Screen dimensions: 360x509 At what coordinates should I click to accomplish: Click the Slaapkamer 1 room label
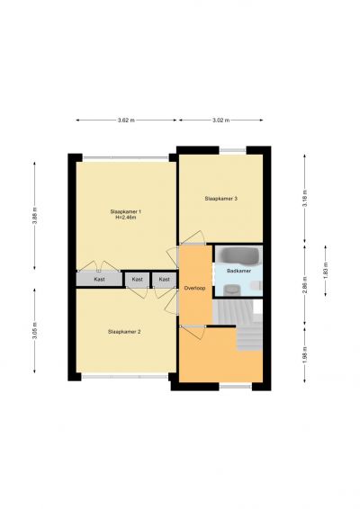coord(125,211)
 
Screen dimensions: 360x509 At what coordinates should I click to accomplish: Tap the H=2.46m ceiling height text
coord(125,218)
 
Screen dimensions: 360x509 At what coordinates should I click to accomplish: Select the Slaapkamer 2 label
coord(124,332)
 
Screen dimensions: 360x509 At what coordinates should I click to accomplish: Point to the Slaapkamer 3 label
coord(220,199)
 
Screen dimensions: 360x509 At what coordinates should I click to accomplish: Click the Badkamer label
coord(239,271)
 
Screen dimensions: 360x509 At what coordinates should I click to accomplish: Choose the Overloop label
coord(194,288)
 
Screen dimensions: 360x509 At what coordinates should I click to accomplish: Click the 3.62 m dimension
coord(126,121)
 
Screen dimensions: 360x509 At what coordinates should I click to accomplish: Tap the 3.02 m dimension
coord(220,121)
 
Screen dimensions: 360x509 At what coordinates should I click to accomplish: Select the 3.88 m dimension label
coord(35,216)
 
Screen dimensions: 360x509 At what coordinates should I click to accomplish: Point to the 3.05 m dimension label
coord(35,331)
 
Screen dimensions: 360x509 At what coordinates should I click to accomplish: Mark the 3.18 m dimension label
coord(305,198)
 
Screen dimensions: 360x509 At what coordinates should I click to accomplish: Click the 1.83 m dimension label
coord(326,271)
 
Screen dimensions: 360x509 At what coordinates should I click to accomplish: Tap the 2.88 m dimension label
coord(305,285)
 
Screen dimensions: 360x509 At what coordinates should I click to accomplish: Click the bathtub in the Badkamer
coord(238,255)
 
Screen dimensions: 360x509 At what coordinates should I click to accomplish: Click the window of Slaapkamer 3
coord(232,150)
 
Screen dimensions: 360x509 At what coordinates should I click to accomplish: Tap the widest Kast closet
coord(99,279)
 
